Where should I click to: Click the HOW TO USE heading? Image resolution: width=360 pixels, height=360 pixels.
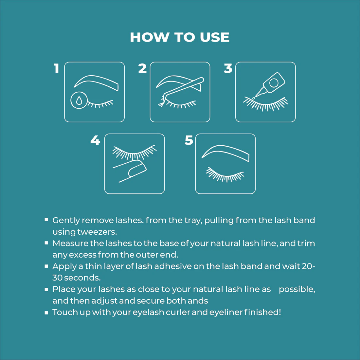180,37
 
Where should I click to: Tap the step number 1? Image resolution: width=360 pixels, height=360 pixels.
56,68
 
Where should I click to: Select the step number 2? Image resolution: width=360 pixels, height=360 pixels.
142,68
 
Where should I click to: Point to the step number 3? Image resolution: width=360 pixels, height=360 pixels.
228,68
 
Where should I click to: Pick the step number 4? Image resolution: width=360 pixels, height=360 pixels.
95,140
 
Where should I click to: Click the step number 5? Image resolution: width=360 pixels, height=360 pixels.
189,140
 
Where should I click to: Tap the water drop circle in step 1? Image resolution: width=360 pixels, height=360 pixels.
79,100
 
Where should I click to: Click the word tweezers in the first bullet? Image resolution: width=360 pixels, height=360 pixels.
97,232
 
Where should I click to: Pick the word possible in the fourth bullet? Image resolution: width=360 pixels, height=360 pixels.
297,290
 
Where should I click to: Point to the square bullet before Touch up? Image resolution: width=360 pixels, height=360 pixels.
46,313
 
